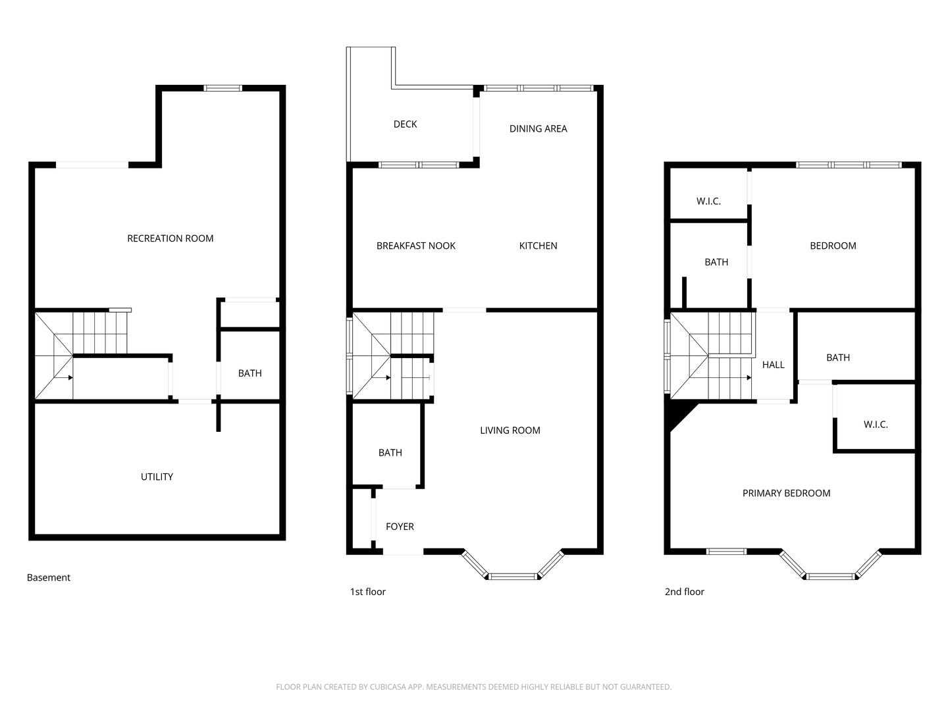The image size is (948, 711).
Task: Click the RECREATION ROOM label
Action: (170, 238)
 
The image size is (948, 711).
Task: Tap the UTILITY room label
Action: (157, 477)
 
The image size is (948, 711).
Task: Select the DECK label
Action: (405, 124)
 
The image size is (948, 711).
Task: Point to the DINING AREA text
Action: (538, 128)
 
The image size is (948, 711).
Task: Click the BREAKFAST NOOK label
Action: (416, 246)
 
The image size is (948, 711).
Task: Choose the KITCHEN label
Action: (538, 246)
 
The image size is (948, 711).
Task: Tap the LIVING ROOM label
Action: (510, 431)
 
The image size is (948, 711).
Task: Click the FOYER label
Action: (400, 527)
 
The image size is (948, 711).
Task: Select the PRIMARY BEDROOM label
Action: (786, 494)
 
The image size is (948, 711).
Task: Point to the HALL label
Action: (773, 365)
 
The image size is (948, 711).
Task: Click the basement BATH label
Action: (250, 373)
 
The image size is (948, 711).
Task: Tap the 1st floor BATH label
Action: (390, 453)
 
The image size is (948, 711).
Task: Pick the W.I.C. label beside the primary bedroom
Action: (876, 425)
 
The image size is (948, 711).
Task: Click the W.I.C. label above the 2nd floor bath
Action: (708, 201)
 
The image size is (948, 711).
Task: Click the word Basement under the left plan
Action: (48, 577)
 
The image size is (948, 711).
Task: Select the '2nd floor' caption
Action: (684, 592)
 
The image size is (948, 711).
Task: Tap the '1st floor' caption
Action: (367, 592)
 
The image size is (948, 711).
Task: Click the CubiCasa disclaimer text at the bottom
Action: (474, 687)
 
